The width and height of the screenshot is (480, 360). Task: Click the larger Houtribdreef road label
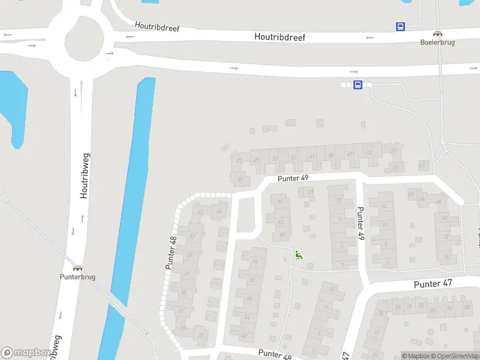point(280,37)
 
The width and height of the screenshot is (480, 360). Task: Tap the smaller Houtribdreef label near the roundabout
point(157,27)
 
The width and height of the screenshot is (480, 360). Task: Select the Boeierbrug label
point(437,43)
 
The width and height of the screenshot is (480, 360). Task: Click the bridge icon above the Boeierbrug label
point(438,34)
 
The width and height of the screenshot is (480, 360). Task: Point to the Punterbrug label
point(77,277)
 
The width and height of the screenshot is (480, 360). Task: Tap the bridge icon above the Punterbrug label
point(77,268)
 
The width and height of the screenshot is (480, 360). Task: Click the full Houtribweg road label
point(85,175)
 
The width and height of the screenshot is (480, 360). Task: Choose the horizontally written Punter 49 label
point(293,178)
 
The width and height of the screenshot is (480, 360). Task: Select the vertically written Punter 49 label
point(361,223)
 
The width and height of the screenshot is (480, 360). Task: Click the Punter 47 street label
point(433,283)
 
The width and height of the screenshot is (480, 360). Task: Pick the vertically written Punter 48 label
point(173,253)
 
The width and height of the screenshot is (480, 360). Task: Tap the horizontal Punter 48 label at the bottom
point(275,355)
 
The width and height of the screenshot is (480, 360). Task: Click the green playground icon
point(298,255)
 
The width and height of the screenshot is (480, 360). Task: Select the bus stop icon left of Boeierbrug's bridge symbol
point(400,26)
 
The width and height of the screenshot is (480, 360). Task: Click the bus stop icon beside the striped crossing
point(358,85)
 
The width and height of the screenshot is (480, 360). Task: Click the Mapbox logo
point(25,353)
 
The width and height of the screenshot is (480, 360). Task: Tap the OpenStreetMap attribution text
point(458,356)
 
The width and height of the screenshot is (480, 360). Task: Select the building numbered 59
point(395,167)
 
